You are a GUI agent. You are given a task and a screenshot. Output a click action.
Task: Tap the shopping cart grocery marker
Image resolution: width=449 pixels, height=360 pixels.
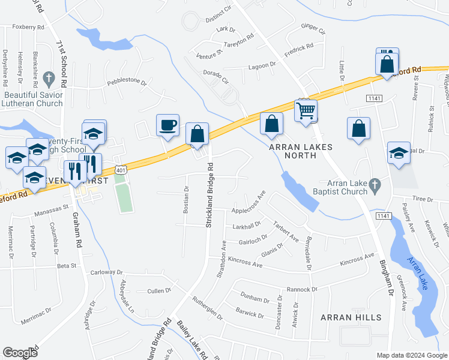tap(306, 110)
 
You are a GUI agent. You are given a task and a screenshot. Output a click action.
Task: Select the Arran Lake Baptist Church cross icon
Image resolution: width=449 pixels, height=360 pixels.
tap(376, 187)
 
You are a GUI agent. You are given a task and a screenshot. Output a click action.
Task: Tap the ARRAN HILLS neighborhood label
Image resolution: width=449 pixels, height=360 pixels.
tap(351, 317)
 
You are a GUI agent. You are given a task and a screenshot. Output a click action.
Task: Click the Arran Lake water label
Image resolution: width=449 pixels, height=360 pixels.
tap(417, 274)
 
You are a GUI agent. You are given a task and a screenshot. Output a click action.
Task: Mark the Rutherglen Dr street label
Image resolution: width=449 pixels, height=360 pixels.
tap(208, 308)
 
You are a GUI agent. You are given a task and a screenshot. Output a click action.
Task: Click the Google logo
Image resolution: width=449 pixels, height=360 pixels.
tap(20, 353)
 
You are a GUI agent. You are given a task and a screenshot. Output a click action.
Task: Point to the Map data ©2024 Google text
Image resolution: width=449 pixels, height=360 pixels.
tap(411, 355)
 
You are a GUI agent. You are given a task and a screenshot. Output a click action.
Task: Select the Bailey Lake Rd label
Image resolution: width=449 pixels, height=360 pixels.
tap(191, 340)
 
